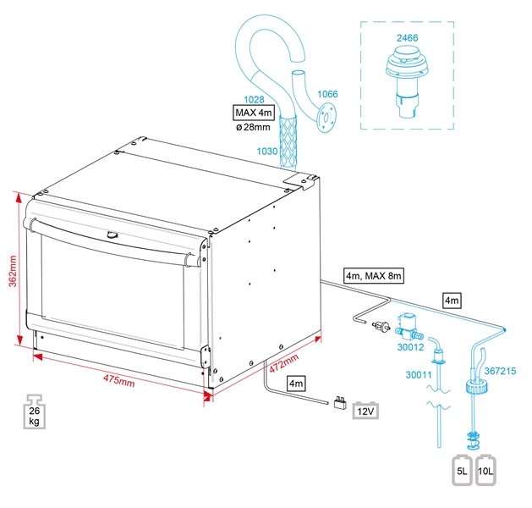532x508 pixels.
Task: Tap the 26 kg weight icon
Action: (x=35, y=412)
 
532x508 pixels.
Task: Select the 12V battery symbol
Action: (x=365, y=411)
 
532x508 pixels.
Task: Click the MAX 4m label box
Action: (x=255, y=112)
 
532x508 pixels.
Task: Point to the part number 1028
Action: (x=254, y=99)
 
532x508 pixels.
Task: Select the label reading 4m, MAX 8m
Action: (x=374, y=275)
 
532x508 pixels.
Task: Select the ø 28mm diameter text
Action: (x=252, y=127)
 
